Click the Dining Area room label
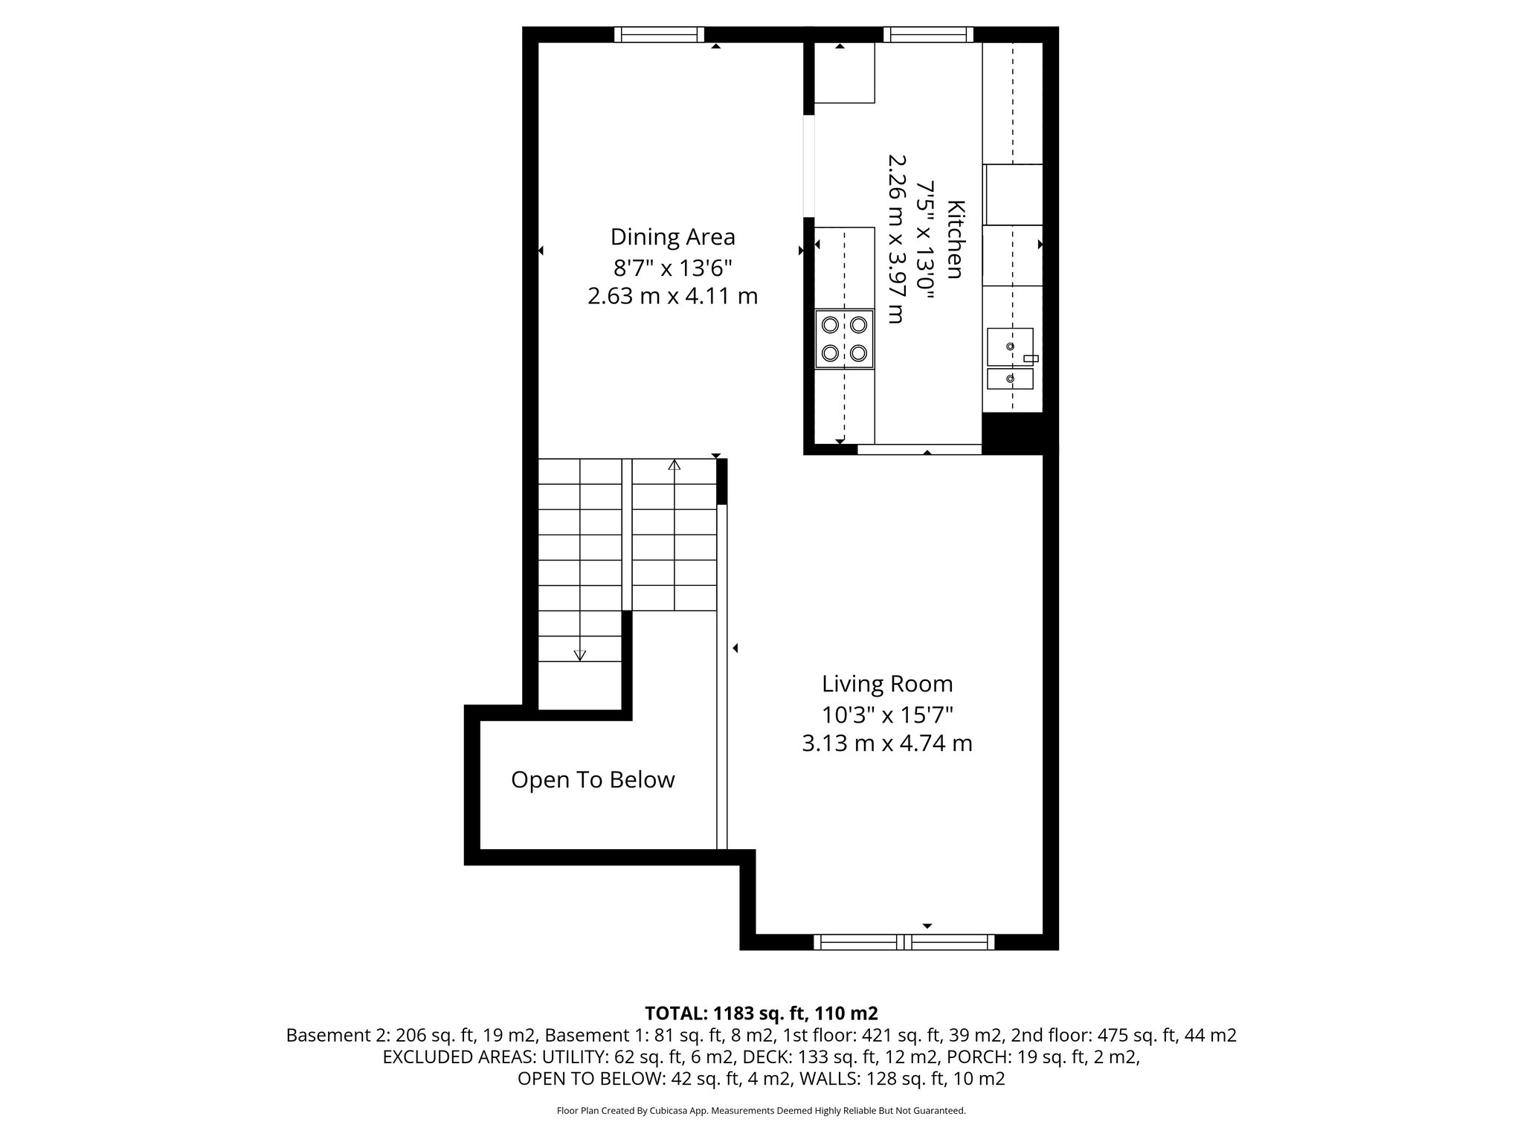click(x=672, y=237)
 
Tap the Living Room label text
click(x=886, y=684)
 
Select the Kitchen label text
click(x=956, y=239)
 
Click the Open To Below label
click(x=593, y=780)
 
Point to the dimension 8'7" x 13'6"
click(x=672, y=267)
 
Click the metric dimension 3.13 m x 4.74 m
click(x=886, y=743)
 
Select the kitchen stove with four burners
click(x=844, y=339)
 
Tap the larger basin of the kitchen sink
click(x=1009, y=346)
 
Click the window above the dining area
click(x=659, y=34)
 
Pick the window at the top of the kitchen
click(x=928, y=34)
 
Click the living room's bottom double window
click(x=904, y=942)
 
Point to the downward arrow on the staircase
click(x=580, y=654)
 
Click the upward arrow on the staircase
click(x=674, y=465)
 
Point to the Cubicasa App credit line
click(x=761, y=1111)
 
